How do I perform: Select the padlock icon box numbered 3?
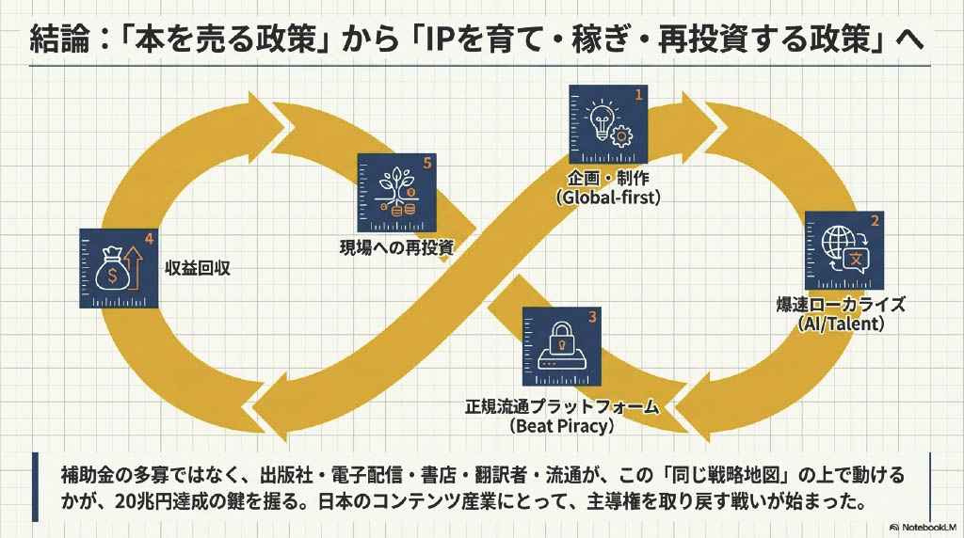point(560,349)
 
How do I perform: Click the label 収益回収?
point(198,268)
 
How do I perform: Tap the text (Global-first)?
point(608,198)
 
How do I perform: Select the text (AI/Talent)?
point(843,324)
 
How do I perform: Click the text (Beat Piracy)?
point(562,425)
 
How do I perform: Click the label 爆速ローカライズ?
point(843,305)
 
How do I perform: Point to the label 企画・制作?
point(608,179)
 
